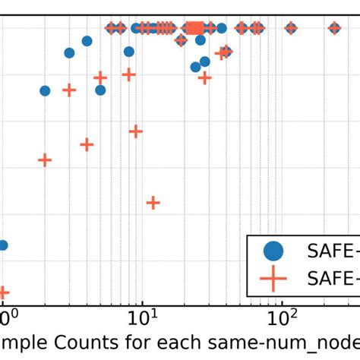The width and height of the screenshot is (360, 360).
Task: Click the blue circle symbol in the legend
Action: click(273, 250)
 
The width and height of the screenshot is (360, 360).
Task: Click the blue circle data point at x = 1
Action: click(2, 245)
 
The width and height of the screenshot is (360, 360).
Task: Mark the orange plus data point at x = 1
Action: click(2, 292)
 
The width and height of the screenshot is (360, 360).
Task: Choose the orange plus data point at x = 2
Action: click(45, 159)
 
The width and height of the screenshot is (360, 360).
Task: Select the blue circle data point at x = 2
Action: click(45, 90)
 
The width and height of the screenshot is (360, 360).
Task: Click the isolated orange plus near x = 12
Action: click(153, 202)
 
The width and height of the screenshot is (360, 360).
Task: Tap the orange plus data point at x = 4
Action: click(87, 144)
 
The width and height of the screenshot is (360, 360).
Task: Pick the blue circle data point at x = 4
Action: click(87, 41)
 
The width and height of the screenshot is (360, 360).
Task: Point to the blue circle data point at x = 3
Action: click(69, 52)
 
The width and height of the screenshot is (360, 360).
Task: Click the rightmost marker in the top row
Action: click(334, 28)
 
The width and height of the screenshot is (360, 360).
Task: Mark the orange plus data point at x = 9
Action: click(135, 131)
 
